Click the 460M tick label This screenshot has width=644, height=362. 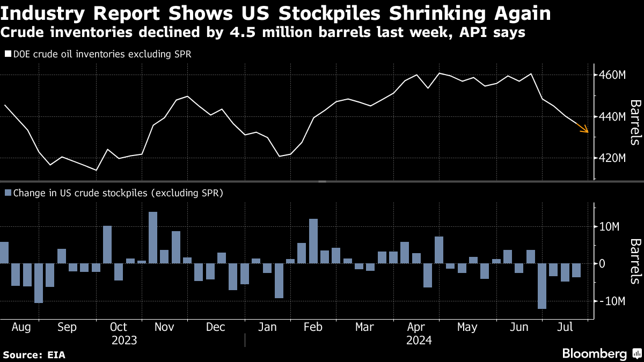click(613, 75)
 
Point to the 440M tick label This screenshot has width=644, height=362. click(613, 116)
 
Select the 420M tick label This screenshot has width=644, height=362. click(613, 158)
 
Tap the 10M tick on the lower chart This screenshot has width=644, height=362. click(611, 227)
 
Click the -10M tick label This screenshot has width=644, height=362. click(611, 301)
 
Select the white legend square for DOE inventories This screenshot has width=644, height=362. click(8, 54)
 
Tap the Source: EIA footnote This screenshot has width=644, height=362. click(34, 354)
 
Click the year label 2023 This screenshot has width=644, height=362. click(124, 340)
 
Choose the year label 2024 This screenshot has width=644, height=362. click(419, 340)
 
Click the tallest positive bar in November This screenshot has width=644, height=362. click(153, 238)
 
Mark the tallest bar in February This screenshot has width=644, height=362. click(313, 241)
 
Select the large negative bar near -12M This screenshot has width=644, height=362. click(542, 286)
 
